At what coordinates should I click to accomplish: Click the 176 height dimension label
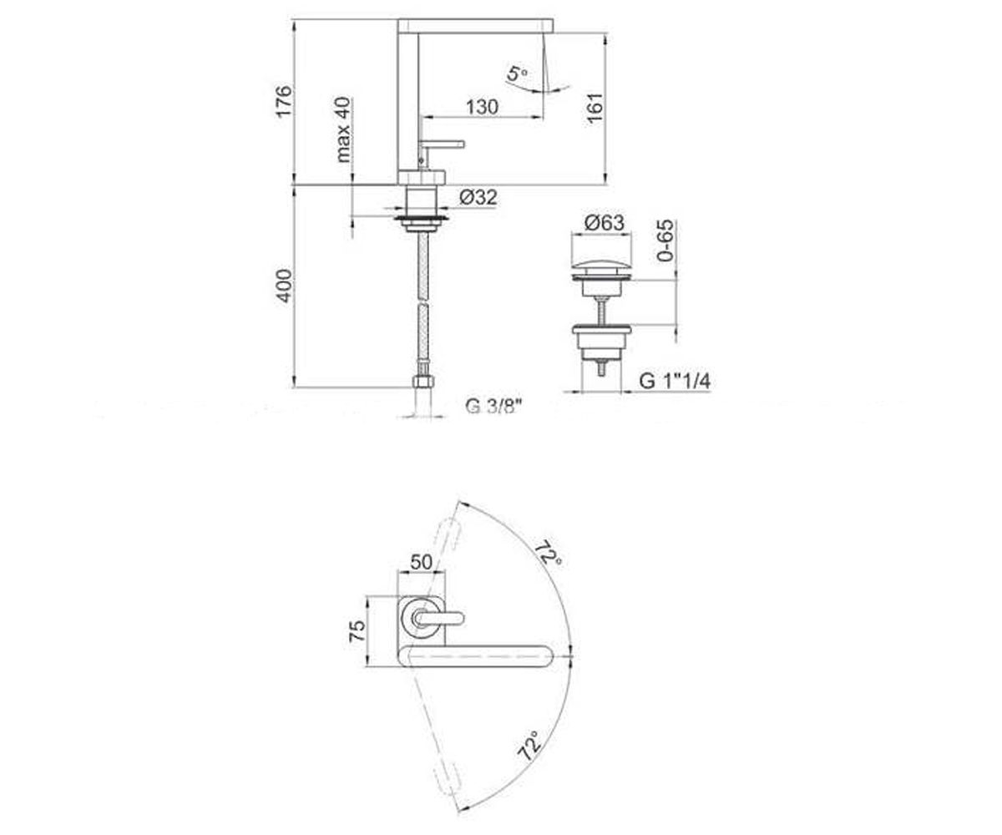click(x=283, y=101)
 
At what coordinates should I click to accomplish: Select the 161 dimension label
click(x=595, y=109)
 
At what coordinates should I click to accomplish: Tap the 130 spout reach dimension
click(x=483, y=107)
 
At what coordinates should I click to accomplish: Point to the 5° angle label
click(x=517, y=74)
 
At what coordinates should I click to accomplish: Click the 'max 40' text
click(x=343, y=129)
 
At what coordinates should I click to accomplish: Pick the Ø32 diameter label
click(x=478, y=197)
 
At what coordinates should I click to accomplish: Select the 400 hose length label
click(x=284, y=286)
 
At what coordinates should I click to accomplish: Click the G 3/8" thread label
click(x=493, y=406)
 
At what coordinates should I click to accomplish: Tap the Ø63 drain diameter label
click(x=605, y=223)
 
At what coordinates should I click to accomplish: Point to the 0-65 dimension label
click(x=665, y=240)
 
